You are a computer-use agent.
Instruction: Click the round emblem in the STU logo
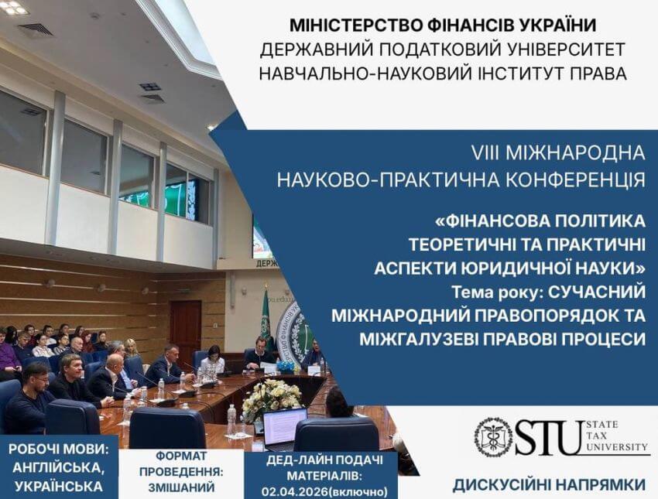coord(492,437)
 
